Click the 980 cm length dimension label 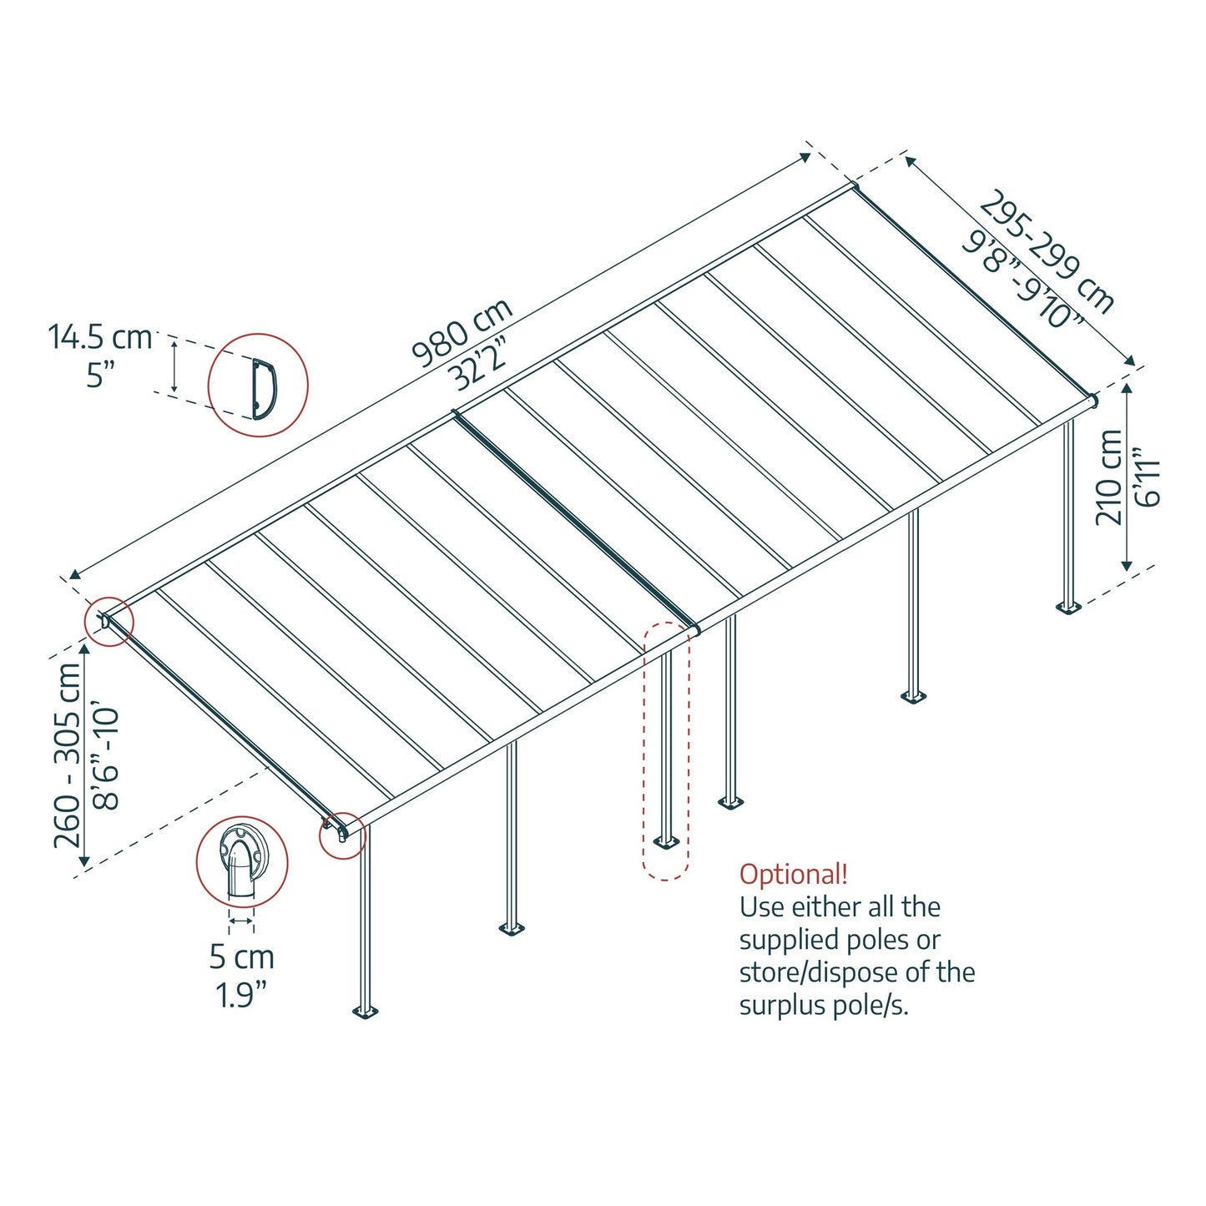pos(462,333)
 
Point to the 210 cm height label pos(1109,477)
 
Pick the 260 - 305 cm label pos(68,755)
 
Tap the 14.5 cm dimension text pos(99,337)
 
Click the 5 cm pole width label pos(241,956)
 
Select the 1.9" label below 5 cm pos(241,995)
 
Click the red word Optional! pos(793,874)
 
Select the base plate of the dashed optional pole pos(666,841)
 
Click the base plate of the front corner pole pos(365,1012)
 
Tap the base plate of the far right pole pos(1067,606)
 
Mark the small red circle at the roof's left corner pos(108,622)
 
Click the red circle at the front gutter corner pos(342,835)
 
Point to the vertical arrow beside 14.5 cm pos(174,366)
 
